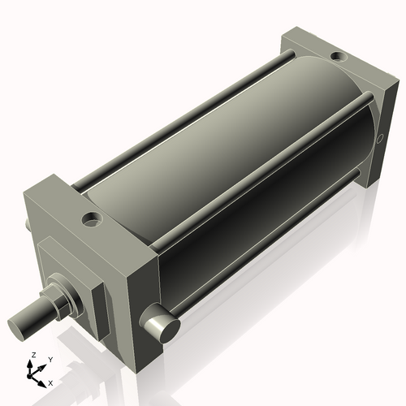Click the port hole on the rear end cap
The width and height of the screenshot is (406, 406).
tap(335, 57)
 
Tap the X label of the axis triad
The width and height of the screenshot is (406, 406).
tap(50, 381)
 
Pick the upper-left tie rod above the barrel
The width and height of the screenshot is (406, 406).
tap(187, 114)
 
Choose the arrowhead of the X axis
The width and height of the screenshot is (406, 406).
tap(44, 379)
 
